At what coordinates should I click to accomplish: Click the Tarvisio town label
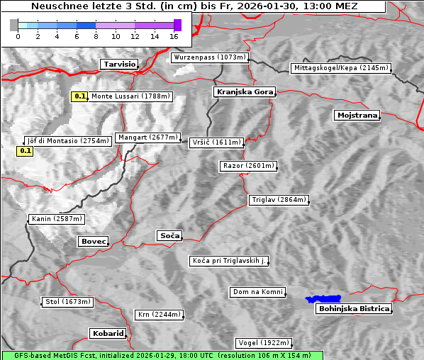(x=119, y=64)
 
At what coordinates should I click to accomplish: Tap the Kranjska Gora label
(x=242, y=92)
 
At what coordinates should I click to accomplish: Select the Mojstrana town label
(x=357, y=115)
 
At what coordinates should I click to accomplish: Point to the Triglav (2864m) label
(x=279, y=200)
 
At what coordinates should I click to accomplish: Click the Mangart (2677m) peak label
(x=148, y=137)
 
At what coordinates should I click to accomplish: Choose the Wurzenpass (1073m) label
(x=210, y=57)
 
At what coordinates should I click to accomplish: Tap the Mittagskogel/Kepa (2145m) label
(x=340, y=68)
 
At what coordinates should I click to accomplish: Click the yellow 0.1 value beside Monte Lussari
(x=79, y=96)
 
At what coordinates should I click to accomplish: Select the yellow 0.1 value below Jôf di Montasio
(x=25, y=150)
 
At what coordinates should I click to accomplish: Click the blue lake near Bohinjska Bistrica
(x=323, y=299)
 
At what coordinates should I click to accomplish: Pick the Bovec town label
(x=93, y=242)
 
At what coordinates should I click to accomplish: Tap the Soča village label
(x=169, y=235)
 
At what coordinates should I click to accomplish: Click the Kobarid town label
(x=108, y=333)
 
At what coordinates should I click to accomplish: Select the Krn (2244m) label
(x=159, y=315)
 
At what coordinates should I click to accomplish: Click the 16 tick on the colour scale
(x=174, y=36)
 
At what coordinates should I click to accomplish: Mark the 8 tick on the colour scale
(x=96, y=36)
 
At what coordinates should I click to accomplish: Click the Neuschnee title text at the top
(x=194, y=6)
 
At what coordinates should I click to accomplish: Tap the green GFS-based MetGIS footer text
(x=162, y=355)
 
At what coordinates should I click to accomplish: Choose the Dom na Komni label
(x=257, y=292)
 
